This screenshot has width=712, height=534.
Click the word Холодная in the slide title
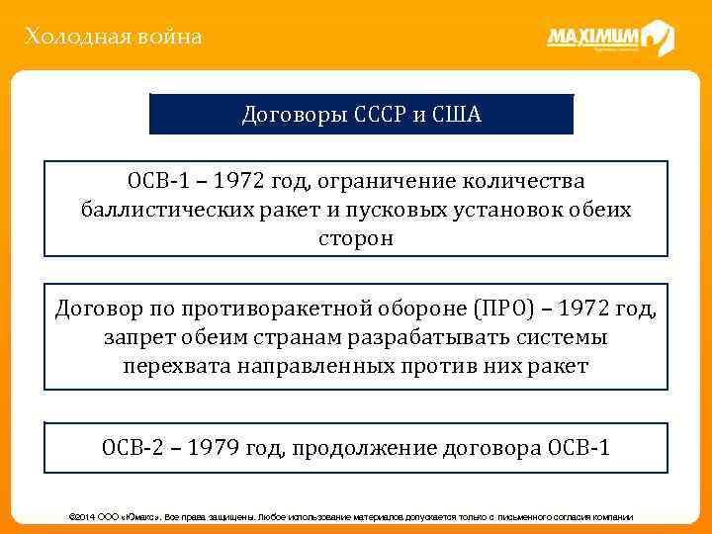coord(68,38)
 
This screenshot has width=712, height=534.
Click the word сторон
coord(356,238)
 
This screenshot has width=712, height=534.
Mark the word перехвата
coord(176,366)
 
